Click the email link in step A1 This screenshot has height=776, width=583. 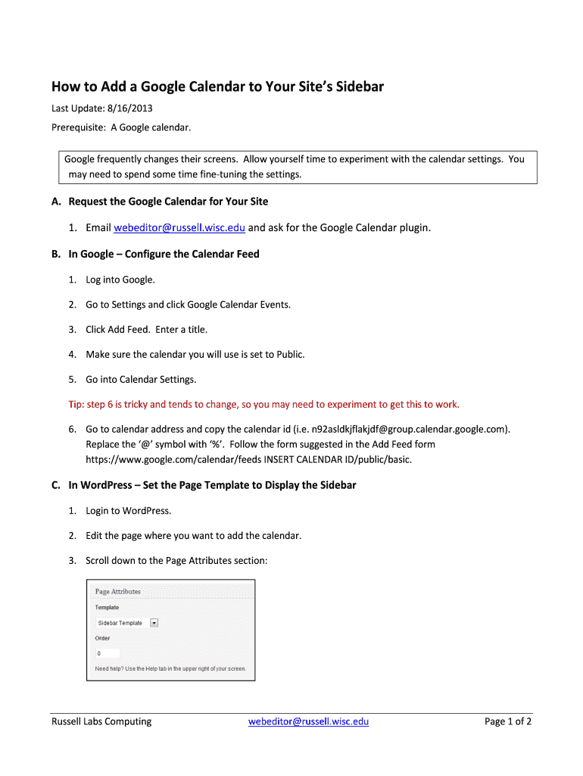(179, 227)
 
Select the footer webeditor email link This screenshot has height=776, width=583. (308, 721)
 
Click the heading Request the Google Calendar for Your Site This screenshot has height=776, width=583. (168, 202)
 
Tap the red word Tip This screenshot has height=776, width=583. (76, 404)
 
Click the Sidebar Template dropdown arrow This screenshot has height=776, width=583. (154, 623)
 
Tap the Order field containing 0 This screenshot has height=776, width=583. (107, 652)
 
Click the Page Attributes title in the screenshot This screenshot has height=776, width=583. (117, 592)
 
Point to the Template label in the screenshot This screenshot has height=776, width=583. (107, 607)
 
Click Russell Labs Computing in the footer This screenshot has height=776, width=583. (101, 721)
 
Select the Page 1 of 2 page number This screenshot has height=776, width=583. (507, 721)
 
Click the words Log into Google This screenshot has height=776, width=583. (120, 280)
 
